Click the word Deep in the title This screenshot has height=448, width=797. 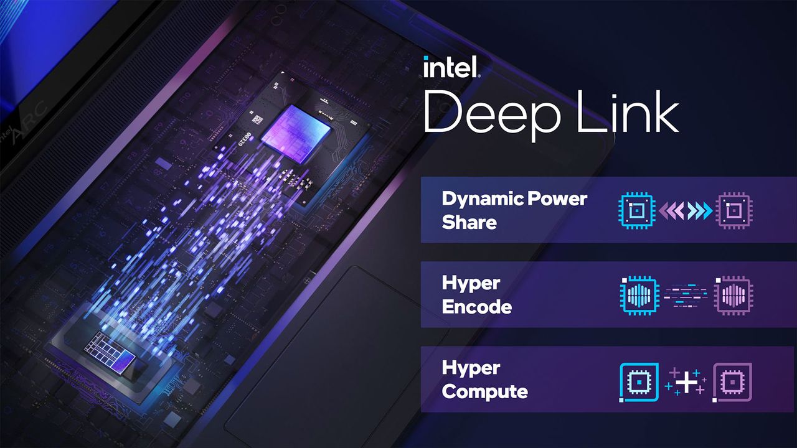coord(492,114)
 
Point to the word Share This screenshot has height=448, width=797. coord(469,223)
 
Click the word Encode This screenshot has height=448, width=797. coord(477,307)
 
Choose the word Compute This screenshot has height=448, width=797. coord(484,391)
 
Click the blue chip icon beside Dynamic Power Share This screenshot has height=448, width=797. coord(637,210)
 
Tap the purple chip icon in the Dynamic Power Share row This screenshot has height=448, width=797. coord(734,210)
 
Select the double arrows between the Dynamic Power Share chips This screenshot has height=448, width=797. coord(686,210)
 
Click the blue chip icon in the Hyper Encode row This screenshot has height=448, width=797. coord(639,295)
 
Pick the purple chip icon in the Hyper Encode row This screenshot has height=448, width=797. coord(733,295)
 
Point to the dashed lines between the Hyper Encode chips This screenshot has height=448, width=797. coord(686,295)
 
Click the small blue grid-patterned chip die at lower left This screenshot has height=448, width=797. coord(110,352)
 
